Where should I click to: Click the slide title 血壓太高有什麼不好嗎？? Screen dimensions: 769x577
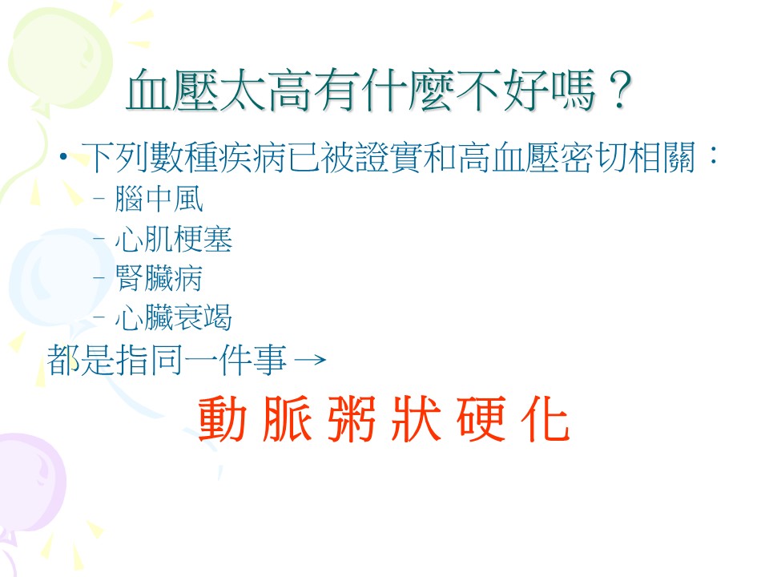pos(379,91)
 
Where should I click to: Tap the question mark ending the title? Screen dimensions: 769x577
pos(619,91)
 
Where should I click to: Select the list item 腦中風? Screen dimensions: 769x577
pos(159,199)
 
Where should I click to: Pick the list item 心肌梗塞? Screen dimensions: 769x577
pos(174,239)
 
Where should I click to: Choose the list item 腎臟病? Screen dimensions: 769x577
pos(159,278)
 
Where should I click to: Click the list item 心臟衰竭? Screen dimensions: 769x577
pos(174,317)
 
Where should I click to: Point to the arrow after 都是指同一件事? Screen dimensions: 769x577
pos(311,360)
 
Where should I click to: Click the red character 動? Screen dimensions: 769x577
pos(222,418)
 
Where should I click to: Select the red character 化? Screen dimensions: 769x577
pos(546,418)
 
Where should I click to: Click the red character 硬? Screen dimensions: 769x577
pos(481,418)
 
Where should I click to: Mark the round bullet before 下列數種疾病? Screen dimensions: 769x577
pos(62,157)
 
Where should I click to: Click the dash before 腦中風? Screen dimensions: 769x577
pos(99,199)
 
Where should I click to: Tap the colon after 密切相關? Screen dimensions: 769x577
pos(713,155)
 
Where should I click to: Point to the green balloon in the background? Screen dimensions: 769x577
pos(58,59)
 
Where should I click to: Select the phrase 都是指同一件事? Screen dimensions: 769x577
pos(167,360)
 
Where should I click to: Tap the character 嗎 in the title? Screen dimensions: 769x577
pos(573,91)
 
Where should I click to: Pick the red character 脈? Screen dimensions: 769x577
pos(287,418)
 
